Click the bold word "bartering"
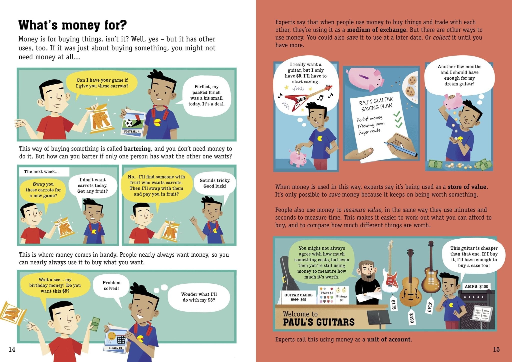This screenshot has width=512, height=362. point(137,149)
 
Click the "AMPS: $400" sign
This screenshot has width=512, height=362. point(476,286)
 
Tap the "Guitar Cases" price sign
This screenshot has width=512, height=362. point(298,297)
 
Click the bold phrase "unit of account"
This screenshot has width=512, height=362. point(389,340)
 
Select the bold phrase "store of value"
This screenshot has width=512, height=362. point(467,187)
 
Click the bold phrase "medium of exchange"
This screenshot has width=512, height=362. point(376,30)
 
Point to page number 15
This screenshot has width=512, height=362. point(496,350)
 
